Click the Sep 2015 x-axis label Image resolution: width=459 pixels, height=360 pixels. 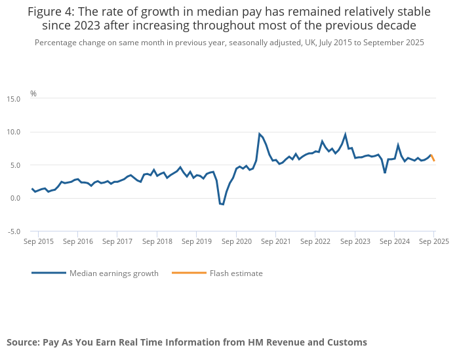(38, 241)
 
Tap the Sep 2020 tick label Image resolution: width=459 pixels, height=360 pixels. (236, 241)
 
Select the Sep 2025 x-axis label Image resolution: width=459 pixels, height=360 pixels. (433, 241)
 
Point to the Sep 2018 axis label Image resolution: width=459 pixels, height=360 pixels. (157, 241)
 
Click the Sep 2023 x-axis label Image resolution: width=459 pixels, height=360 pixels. (355, 241)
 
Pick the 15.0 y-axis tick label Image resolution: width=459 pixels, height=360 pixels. (14, 99)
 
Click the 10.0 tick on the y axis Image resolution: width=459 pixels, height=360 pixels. (14, 132)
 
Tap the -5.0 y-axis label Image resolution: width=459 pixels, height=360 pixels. (14, 231)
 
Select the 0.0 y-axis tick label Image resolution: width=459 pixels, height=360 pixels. (15, 198)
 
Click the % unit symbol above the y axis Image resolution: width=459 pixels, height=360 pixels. (33, 94)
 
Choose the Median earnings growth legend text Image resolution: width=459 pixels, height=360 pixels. (114, 273)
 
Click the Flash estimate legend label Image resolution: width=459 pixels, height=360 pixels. (236, 273)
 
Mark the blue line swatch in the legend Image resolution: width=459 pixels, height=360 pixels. (49, 273)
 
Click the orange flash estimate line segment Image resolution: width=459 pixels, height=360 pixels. (433, 158)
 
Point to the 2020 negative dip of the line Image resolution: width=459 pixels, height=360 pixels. (222, 204)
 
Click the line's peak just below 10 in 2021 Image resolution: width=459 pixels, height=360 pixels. (260, 134)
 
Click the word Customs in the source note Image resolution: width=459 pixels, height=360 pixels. (347, 342)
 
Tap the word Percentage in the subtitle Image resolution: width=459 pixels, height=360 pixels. (58, 43)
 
